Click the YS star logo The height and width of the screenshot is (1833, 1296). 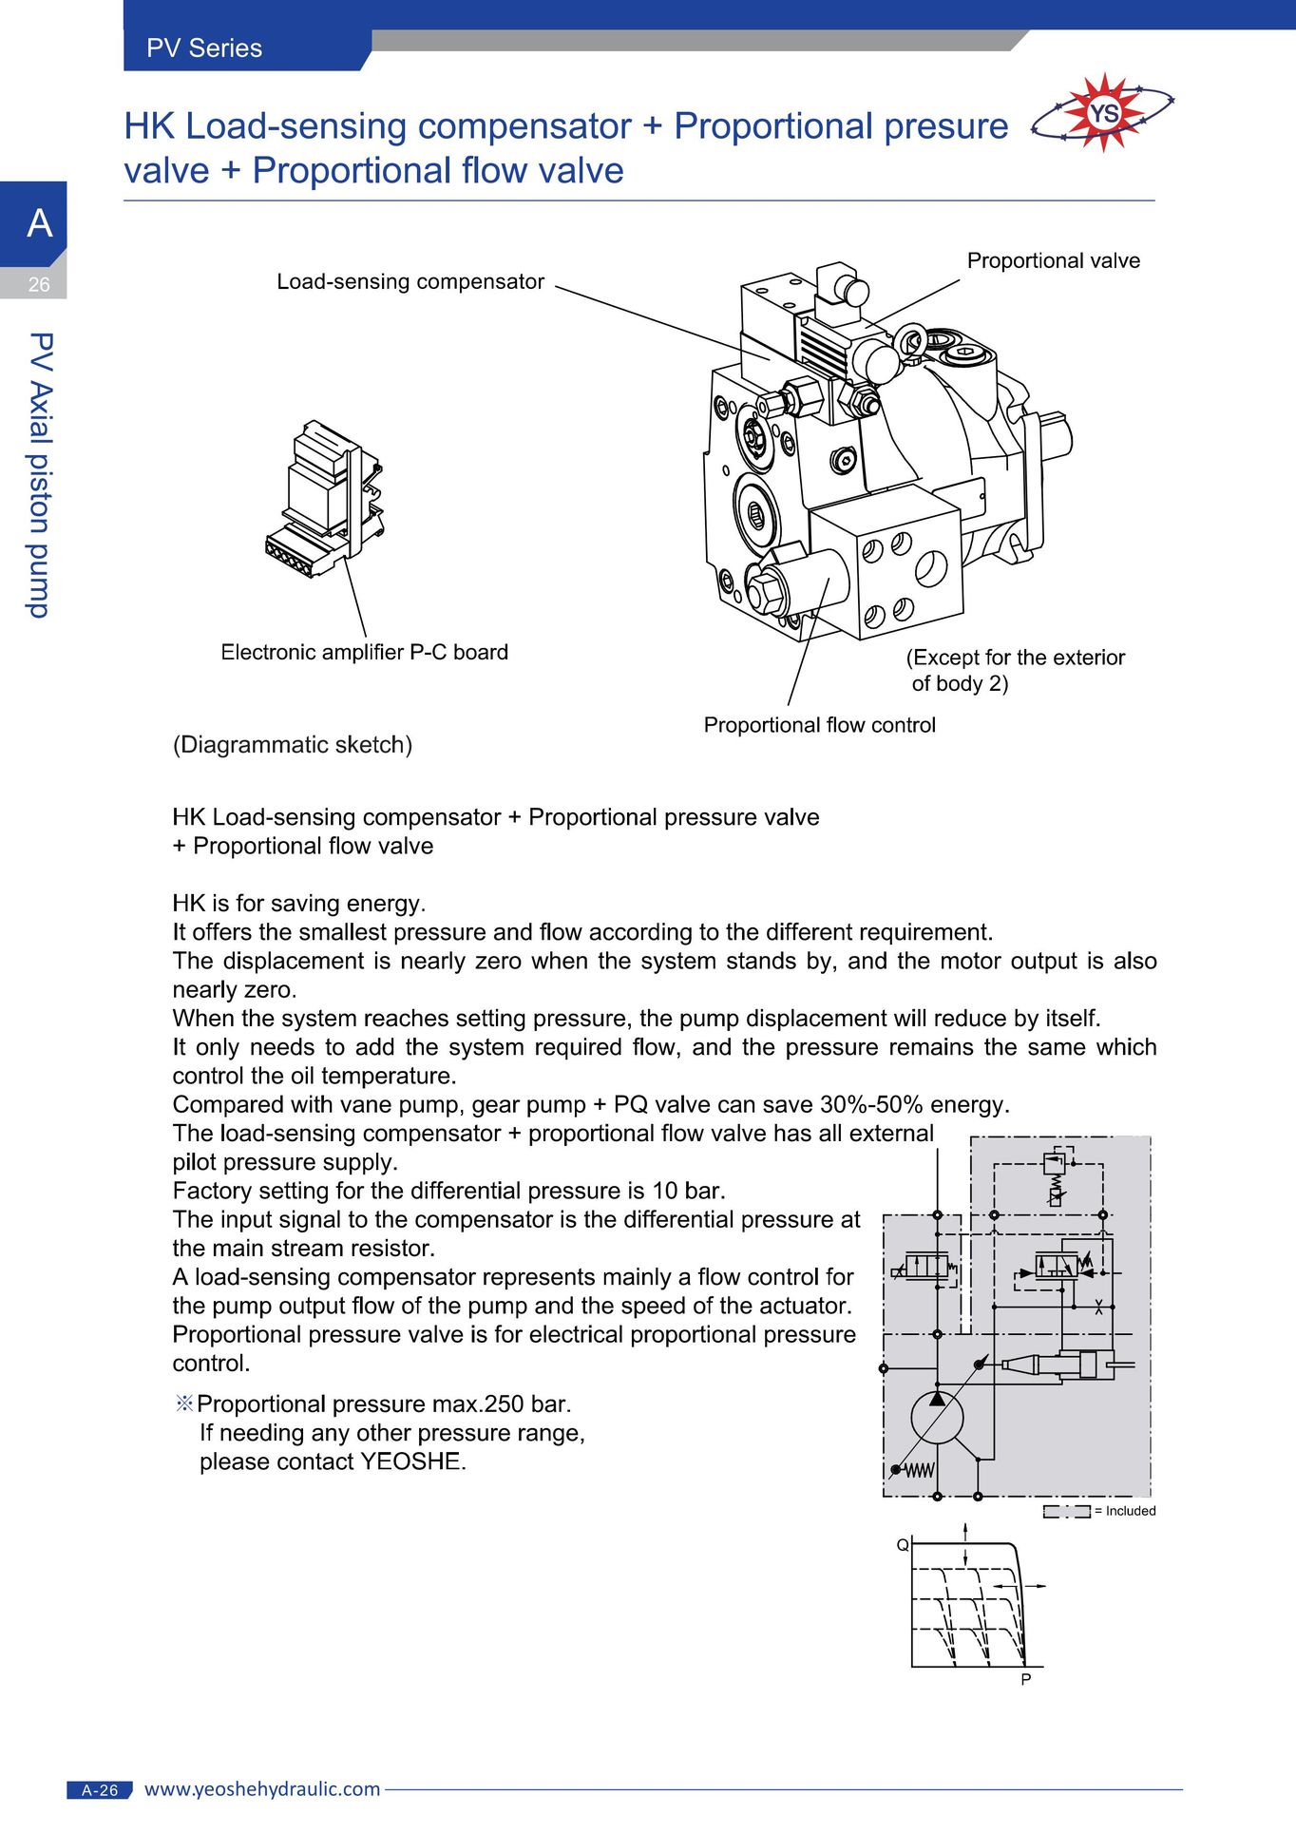coord(1102,113)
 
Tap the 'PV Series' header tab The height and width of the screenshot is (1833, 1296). coord(204,48)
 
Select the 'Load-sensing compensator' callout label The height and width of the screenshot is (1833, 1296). coord(410,281)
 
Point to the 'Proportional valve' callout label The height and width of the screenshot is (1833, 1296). coord(1053,260)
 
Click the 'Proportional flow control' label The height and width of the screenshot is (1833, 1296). coord(819,725)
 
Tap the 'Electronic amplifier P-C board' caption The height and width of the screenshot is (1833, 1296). coord(364,652)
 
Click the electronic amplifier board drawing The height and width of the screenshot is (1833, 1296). coord(325,500)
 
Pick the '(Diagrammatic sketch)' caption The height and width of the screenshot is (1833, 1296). coord(293,745)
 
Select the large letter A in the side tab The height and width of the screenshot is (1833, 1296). coord(40,223)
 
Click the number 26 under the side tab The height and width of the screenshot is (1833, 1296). coord(39,284)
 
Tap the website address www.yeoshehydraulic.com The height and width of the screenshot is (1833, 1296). coord(262,1789)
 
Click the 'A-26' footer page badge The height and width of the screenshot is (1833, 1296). coord(100,1790)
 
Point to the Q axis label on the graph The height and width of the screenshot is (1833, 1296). coord(903,1545)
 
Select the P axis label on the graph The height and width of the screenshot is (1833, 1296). coord(1026,1680)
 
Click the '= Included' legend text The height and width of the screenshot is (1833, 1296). coord(1125,1511)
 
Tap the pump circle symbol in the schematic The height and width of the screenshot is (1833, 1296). coord(937,1418)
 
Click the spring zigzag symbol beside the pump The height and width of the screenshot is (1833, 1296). coord(918,1471)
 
